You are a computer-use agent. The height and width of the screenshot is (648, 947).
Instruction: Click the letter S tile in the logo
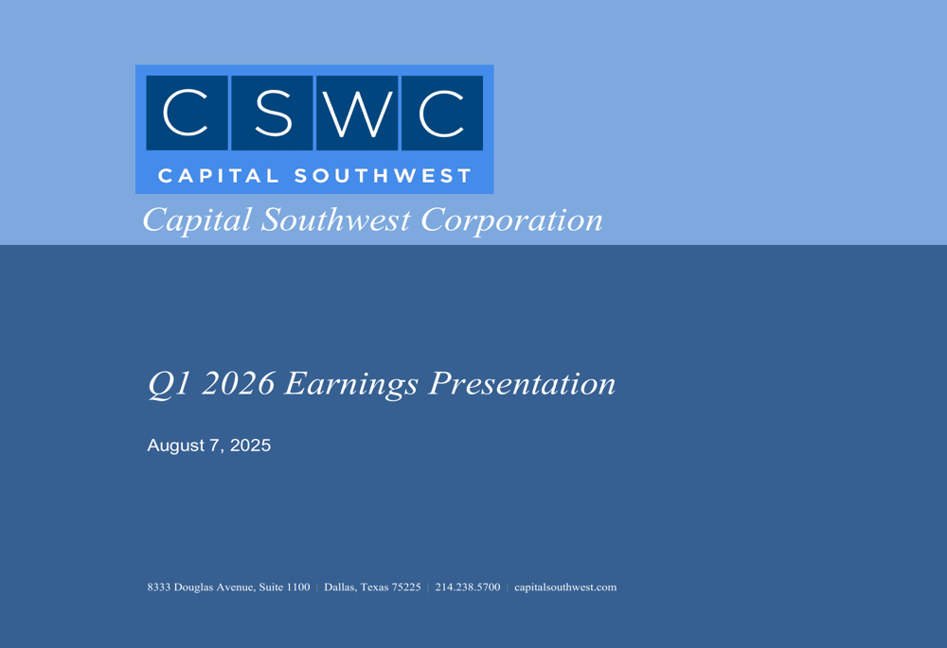coord(272,113)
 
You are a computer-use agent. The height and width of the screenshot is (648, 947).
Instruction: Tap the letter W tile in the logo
coord(357,113)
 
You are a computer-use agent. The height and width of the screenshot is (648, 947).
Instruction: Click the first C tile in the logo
coord(187,113)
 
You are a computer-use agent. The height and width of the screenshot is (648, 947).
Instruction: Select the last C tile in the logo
coord(442,113)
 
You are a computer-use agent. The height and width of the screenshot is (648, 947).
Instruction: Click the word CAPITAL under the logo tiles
coord(218,176)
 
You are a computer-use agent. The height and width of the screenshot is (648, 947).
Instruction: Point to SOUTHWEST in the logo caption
coord(383,176)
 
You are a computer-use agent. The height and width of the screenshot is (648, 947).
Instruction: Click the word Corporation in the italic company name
coord(511,220)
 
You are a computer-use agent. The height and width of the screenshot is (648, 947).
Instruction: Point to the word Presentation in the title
coord(522,384)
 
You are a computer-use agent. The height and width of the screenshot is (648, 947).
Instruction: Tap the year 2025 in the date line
coord(250,446)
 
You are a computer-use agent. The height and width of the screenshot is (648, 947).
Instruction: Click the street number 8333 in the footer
coord(158,587)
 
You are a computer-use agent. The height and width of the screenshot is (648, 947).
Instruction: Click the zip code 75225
coord(406,587)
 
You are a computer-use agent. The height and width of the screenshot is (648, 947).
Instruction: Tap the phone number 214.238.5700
coord(468,587)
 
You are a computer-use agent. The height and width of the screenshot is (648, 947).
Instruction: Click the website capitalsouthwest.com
coord(565,587)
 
